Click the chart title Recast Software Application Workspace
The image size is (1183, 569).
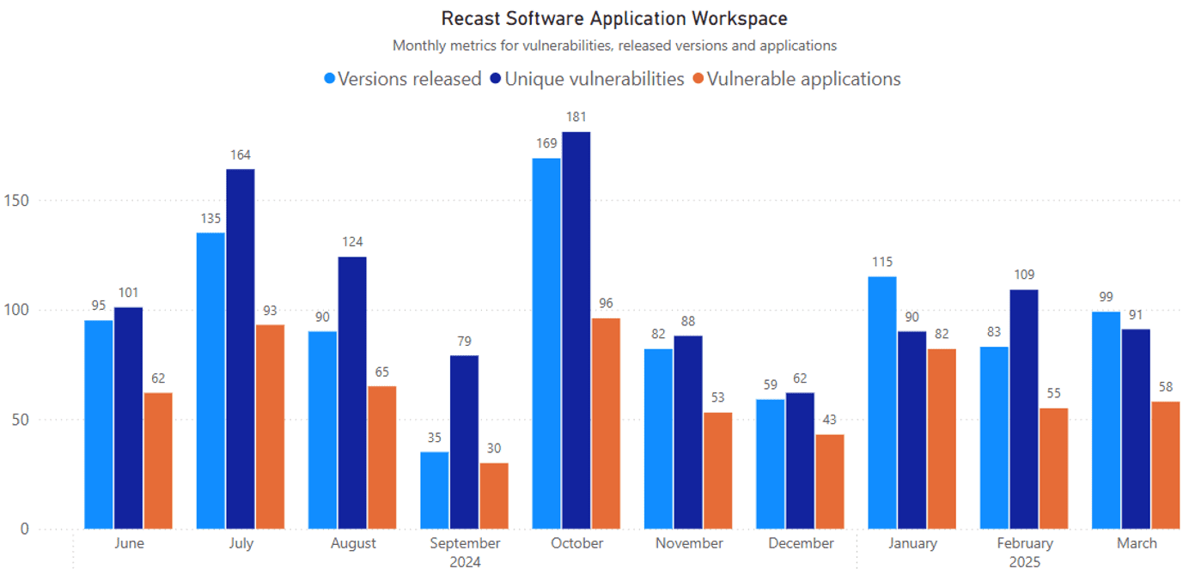pos(613,18)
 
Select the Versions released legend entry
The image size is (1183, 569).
pos(402,79)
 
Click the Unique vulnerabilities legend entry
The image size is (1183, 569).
pos(586,79)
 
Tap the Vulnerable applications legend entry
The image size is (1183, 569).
pos(796,79)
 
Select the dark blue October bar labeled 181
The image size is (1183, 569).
pos(576,330)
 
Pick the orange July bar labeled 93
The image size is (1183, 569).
pos(270,427)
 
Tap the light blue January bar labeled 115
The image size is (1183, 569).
pos(882,403)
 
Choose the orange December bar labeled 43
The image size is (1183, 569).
pos(829,481)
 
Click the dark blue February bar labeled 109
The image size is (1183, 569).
pos(1023,409)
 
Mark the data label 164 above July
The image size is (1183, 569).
pos(241,155)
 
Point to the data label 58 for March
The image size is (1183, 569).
pos(1165,387)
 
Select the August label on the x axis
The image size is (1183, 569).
pos(353,543)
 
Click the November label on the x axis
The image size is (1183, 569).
pos(689,543)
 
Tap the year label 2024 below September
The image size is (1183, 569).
pos(465,562)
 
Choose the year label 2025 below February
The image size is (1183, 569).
pos(1024,562)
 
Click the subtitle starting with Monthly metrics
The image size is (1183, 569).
pos(613,45)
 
